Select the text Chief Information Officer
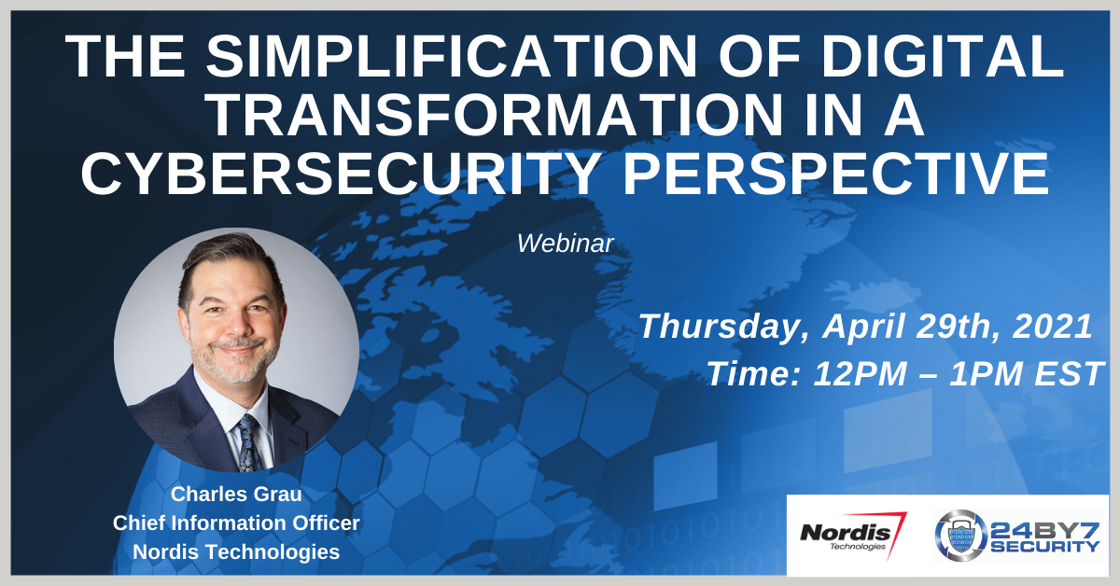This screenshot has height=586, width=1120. tap(236, 523)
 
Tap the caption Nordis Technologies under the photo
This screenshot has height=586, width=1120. tap(236, 551)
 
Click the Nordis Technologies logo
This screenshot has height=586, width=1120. tap(852, 535)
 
